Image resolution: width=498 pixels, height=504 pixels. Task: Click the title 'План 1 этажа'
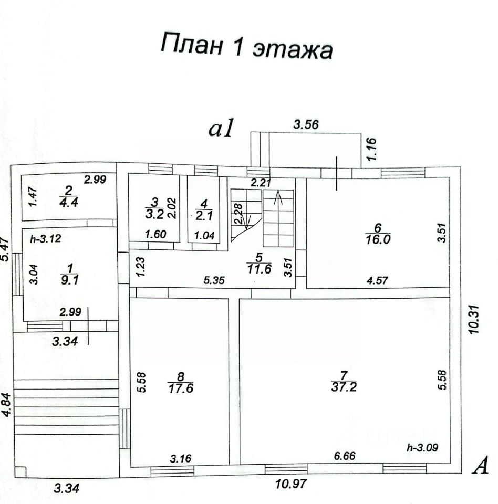tap(247, 46)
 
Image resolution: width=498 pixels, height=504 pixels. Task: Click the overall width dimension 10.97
tap(290, 484)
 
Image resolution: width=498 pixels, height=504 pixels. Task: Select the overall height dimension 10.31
tap(475, 317)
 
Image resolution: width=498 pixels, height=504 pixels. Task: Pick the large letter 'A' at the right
tap(481, 466)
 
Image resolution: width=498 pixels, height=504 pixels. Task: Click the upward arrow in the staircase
tap(278, 198)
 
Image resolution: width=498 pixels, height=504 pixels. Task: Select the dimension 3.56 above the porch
tap(306, 124)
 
